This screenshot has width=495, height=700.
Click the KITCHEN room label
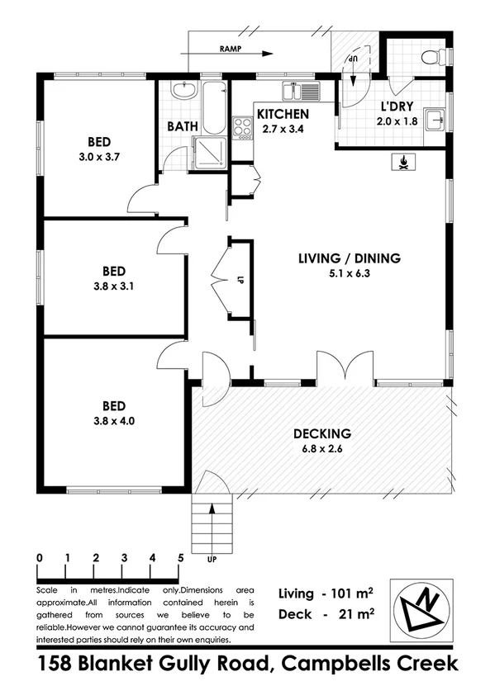tap(283, 114)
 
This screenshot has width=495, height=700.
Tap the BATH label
tap(181, 126)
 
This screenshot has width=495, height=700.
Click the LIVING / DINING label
tap(349, 258)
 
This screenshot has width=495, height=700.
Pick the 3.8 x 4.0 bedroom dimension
tap(113, 420)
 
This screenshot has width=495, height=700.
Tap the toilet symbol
tap(429, 55)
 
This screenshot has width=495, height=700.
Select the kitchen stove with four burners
tap(243, 127)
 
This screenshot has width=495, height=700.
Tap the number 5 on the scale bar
tap(180, 557)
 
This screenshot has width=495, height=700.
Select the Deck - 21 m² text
tap(326, 614)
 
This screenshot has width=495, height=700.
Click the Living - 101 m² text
tap(326, 594)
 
